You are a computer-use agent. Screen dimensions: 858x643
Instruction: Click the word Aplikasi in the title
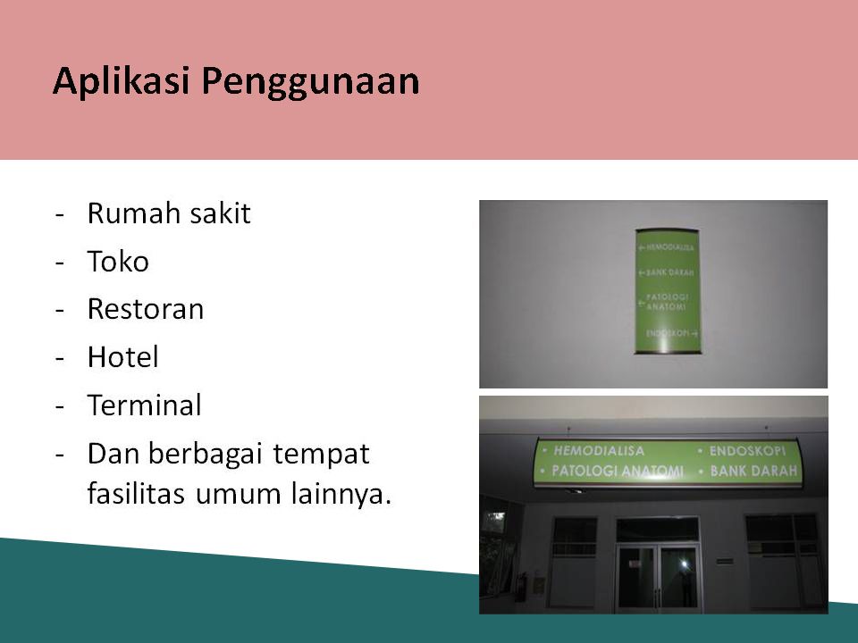click(x=122, y=80)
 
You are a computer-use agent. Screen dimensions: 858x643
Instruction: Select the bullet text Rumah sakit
click(x=169, y=213)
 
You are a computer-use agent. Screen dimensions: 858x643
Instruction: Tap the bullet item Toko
click(x=118, y=261)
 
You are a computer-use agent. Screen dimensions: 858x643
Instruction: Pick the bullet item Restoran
click(x=146, y=309)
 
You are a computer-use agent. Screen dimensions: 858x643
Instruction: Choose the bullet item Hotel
click(x=123, y=356)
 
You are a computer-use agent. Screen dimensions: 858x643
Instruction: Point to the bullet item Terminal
click(x=145, y=405)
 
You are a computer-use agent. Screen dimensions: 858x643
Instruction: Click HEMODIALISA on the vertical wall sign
click(x=669, y=247)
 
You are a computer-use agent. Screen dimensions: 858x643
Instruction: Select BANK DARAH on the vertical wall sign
click(x=669, y=272)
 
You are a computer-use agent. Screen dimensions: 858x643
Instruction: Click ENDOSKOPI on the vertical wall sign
click(x=667, y=333)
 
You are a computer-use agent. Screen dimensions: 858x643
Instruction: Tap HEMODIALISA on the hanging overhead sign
click(x=599, y=450)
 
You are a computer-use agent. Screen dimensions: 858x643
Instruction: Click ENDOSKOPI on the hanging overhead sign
click(x=747, y=450)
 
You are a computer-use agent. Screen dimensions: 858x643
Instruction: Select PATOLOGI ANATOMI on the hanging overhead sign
click(x=618, y=471)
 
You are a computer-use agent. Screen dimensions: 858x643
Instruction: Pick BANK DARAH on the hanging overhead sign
click(x=753, y=471)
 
